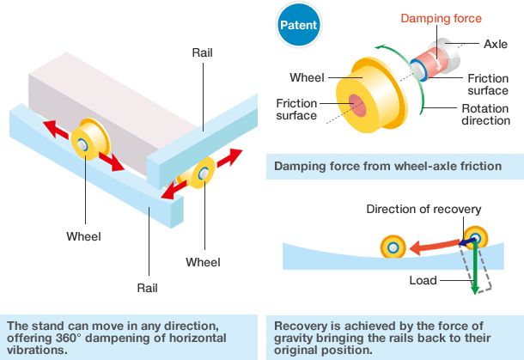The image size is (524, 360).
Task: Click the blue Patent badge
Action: point(299,25)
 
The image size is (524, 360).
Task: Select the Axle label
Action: point(496,42)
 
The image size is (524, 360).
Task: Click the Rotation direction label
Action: point(485,114)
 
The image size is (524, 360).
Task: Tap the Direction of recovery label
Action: point(423,209)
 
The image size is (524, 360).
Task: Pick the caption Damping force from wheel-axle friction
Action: point(387,166)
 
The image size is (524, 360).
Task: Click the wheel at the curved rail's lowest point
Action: point(393,248)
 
